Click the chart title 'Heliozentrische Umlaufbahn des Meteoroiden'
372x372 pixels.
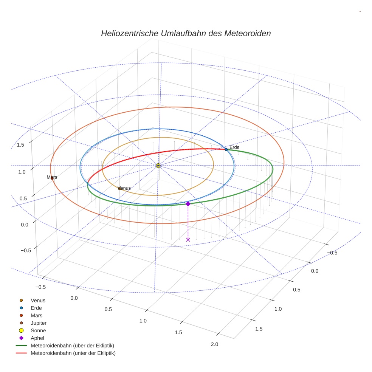186,33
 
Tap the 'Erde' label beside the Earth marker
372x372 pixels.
234,147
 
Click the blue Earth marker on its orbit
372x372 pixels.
226,150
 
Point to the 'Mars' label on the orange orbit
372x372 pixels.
52,177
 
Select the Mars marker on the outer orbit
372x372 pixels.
52,178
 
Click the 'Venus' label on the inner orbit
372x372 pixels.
124,188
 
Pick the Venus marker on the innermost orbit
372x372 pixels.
119,188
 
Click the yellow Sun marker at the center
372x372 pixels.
158,166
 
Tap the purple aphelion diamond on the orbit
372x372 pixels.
188,204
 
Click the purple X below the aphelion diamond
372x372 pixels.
188,239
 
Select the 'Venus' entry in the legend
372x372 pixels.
38,300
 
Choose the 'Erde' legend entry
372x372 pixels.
36,308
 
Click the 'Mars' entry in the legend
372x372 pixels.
36,315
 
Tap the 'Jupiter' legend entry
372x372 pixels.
39,323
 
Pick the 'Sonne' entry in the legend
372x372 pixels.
38,330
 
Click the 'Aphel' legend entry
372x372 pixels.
37,338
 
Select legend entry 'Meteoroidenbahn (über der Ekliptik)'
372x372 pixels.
72,346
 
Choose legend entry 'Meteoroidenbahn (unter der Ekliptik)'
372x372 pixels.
73,353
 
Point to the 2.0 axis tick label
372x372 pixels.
214,344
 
